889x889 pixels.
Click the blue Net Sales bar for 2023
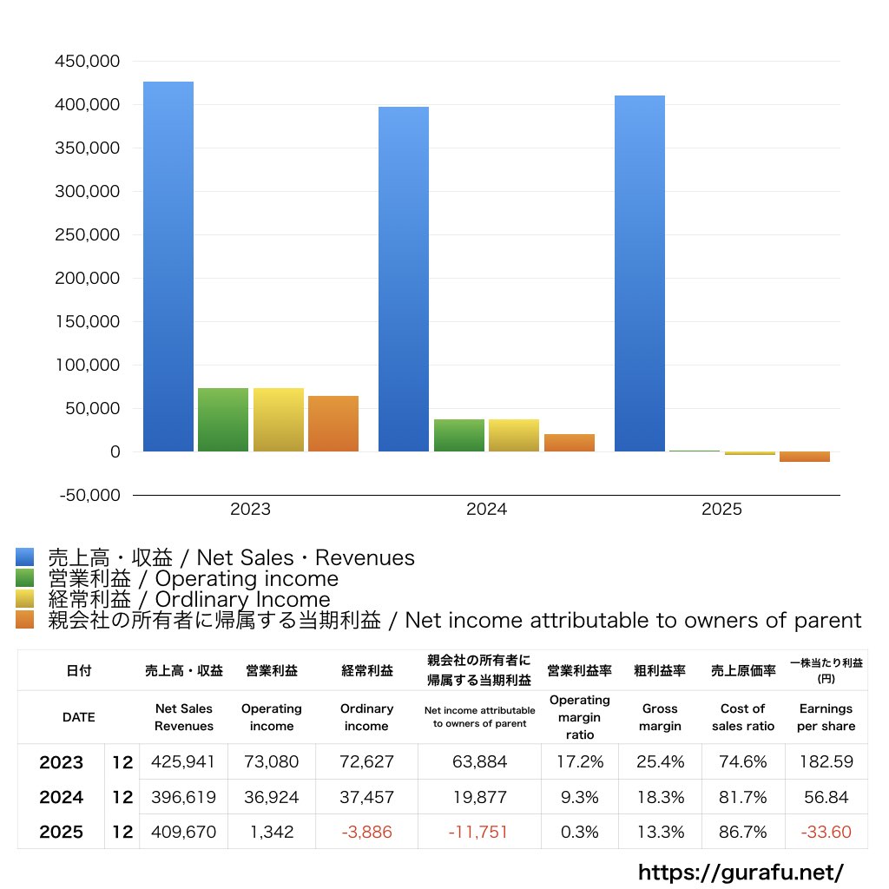pos(168,267)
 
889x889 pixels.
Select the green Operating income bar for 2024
pos(459,436)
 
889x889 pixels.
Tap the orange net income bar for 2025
pos(805,457)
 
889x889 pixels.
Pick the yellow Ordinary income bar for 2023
pos(279,420)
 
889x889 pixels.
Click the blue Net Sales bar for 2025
pos(640,273)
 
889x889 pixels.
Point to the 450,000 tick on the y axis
pos(87,62)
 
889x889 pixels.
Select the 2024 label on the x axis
pos(486,510)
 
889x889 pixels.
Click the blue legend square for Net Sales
pos(24,557)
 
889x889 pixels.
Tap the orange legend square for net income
pos(24,620)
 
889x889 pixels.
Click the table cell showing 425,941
pos(183,762)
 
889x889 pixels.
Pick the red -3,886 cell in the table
pos(366,832)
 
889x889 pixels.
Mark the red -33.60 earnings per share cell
pos(826,832)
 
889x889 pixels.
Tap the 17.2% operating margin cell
pos(580,762)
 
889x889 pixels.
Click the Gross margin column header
pos(660,717)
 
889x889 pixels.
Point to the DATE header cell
pos(78,717)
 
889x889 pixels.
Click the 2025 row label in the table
pos(62,832)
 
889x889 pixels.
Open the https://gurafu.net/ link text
pos(741,872)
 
